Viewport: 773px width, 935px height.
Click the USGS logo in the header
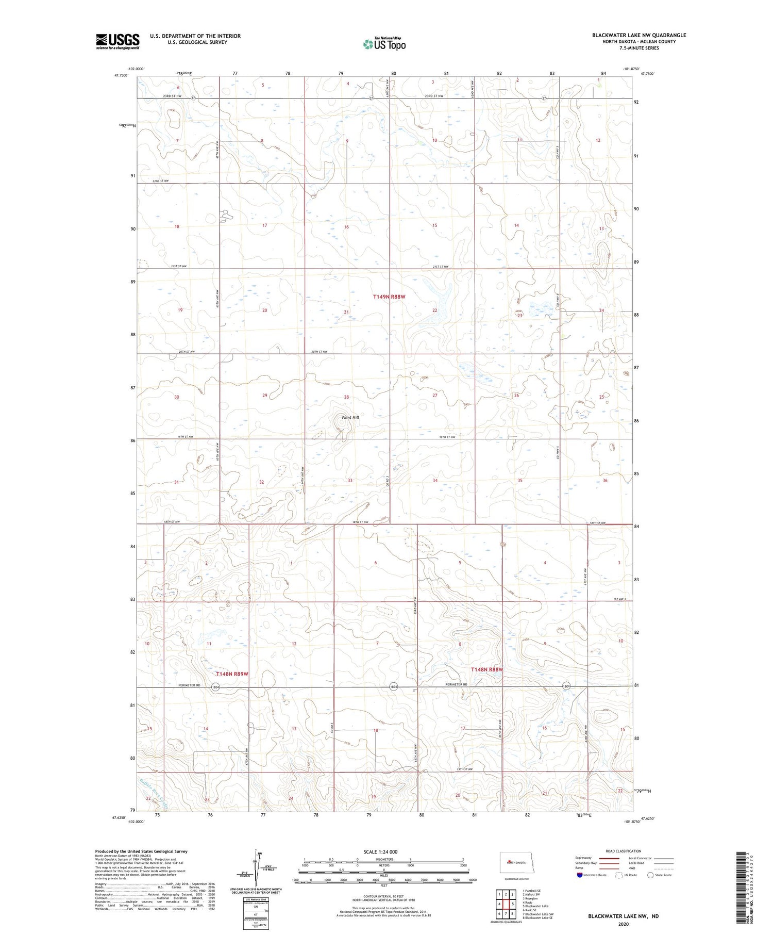pyautogui.click(x=117, y=41)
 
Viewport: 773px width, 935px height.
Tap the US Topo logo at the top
pyautogui.click(x=384, y=44)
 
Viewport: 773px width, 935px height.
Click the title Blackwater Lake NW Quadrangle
pyautogui.click(x=638, y=35)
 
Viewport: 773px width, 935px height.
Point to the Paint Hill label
pyautogui.click(x=350, y=417)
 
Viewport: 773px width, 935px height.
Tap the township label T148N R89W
pyautogui.click(x=232, y=674)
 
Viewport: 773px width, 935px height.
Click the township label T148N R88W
pyautogui.click(x=486, y=669)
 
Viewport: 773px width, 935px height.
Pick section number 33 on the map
pyautogui.click(x=350, y=481)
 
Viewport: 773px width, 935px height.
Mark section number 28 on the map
pyautogui.click(x=346, y=397)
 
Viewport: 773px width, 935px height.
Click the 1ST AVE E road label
pyautogui.click(x=619, y=599)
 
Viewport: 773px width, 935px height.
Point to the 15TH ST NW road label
pyautogui.click(x=464, y=769)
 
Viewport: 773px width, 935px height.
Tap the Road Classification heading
pyautogui.click(x=624, y=851)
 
